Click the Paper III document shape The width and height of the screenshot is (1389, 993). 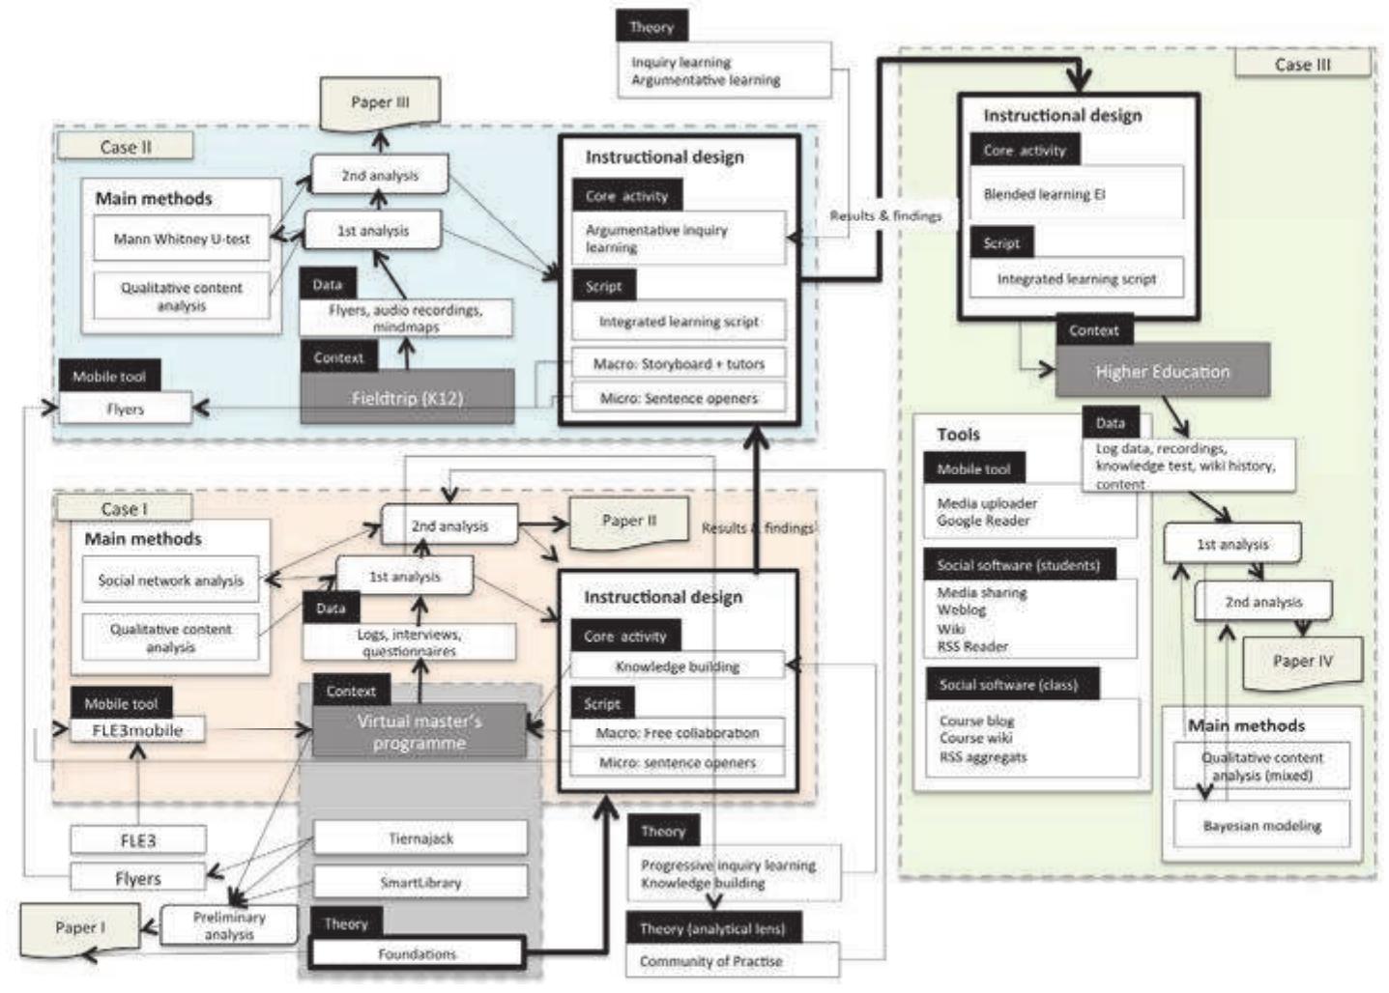pos(380,102)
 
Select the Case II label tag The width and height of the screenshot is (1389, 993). pos(125,147)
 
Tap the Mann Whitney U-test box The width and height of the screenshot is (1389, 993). pos(182,239)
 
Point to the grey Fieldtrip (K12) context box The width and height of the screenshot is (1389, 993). pos(407,397)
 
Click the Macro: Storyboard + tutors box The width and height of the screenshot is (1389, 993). pos(679,364)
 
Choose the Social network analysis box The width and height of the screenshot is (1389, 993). pos(170,581)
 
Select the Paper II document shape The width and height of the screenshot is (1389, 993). pos(628,522)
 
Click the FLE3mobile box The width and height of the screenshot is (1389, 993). pos(137,730)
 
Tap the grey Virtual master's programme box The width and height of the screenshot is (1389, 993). pos(419,732)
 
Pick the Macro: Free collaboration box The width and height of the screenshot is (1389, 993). pos(677,733)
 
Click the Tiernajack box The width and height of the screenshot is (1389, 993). pos(420,838)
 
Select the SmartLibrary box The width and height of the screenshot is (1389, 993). pos(420,882)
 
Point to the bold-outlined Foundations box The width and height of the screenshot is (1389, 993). pos(417,953)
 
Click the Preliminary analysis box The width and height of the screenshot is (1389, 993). pos(229,925)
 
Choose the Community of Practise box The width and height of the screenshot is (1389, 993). pos(710,961)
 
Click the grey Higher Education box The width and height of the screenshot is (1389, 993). pos(1162,372)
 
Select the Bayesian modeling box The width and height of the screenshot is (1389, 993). pos(1261,826)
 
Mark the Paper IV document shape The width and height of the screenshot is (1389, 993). pos(1302,662)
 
